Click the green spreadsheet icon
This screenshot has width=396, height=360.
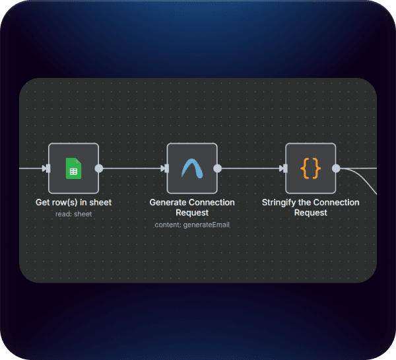point(73,168)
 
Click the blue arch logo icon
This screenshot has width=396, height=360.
point(192,168)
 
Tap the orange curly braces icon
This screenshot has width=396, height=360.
point(310,168)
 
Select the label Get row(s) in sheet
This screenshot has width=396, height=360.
point(73,202)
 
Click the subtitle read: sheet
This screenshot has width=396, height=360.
point(73,213)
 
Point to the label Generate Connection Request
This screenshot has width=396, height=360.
point(192,207)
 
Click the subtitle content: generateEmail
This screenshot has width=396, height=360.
point(192,225)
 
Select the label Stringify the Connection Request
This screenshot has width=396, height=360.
point(310,207)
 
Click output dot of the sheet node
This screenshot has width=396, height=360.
point(99,168)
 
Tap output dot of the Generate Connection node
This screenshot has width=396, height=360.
point(218,168)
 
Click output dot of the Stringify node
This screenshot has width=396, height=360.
point(336,168)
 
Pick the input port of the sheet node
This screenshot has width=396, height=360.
point(46,168)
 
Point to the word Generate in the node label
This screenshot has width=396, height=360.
point(168,202)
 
